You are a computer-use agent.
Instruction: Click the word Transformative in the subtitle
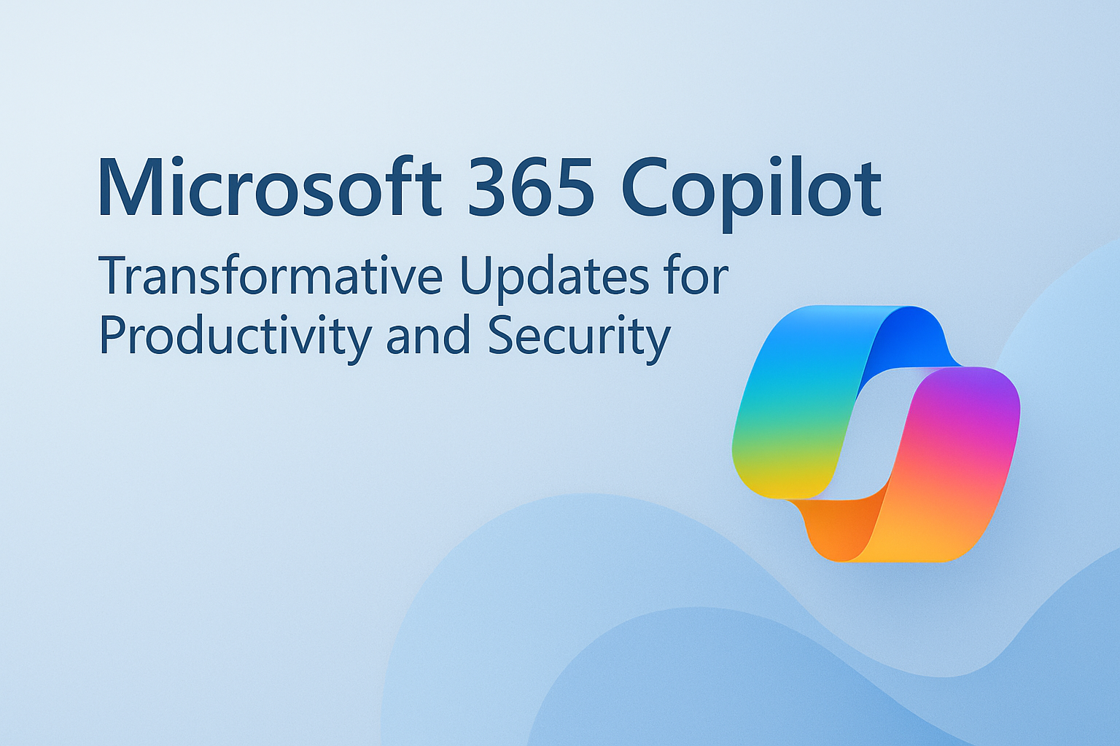270,277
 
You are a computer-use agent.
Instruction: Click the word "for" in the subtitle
696,277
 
